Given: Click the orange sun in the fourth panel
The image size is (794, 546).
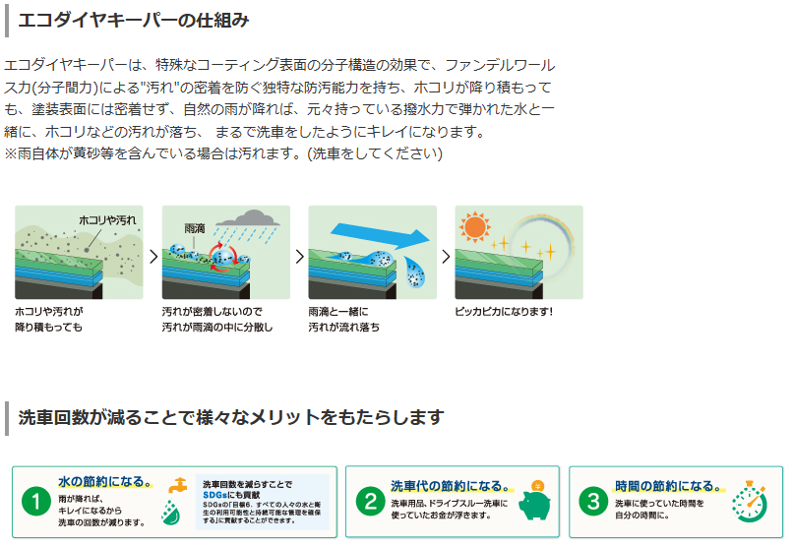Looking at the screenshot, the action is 474,227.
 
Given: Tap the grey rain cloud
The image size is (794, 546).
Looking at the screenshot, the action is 248,218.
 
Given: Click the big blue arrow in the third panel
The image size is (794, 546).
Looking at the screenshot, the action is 380,237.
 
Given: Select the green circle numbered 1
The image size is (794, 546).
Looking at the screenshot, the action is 36,502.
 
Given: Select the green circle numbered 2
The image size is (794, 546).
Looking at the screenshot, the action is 371,502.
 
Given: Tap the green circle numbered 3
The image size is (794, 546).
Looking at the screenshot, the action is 593,502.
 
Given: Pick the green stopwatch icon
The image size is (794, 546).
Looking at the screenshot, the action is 750,502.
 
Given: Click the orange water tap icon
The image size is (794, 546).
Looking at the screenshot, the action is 178,485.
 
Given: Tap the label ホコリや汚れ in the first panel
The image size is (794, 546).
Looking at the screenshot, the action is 107,220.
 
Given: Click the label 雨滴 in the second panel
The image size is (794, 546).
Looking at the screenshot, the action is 195,228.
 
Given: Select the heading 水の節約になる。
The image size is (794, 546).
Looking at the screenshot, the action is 105,481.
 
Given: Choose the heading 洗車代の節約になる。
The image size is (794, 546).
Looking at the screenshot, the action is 451,486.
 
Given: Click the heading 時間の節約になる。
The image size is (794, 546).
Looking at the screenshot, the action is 668,486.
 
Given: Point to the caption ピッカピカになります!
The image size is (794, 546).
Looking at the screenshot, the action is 504,312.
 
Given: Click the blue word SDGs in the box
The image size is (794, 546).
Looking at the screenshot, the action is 215,495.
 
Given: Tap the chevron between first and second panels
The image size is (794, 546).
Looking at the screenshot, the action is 153,257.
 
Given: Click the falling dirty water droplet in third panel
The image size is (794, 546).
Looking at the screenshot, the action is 415,272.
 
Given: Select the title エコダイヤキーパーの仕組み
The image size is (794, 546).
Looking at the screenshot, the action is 134,21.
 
